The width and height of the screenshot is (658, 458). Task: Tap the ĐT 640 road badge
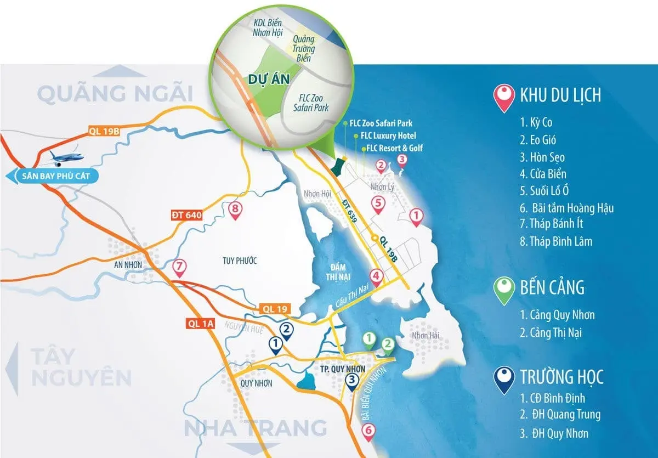click(x=184, y=216)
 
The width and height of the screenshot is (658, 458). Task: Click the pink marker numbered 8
click(x=235, y=210)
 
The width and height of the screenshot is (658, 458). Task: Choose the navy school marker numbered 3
click(x=353, y=380)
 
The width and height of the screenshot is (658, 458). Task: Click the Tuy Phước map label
click(x=240, y=260)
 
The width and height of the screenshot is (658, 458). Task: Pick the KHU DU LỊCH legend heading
click(x=560, y=95)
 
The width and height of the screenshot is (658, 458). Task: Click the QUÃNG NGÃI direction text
click(x=115, y=94)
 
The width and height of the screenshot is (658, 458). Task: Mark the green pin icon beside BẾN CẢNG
click(x=503, y=289)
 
